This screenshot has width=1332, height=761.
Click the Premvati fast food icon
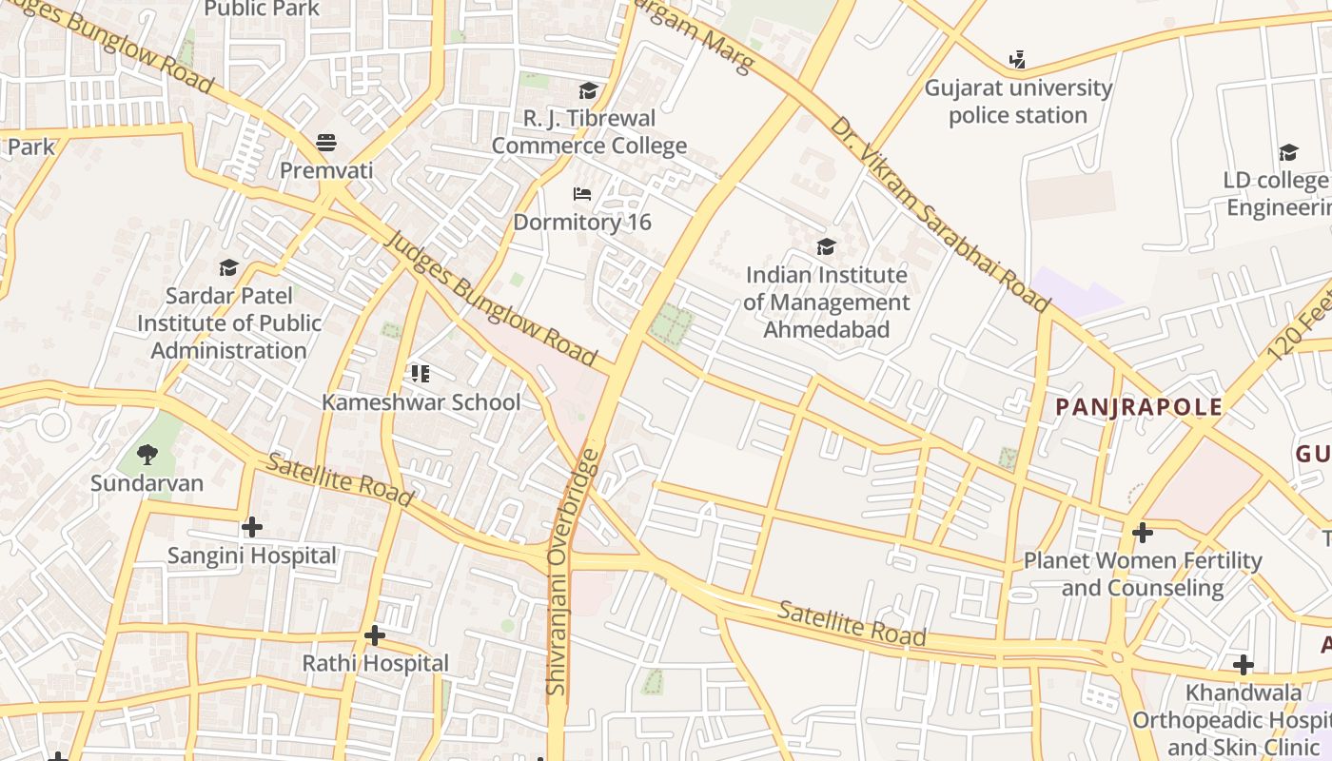326,143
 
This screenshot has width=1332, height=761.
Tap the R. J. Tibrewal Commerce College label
589,132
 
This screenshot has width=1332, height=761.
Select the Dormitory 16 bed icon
582,194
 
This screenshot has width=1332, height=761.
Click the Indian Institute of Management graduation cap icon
826,247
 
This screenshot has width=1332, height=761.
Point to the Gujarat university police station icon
1017,60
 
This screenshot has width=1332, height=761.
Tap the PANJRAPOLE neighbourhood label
1139,408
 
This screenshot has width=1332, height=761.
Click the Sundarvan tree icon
147,454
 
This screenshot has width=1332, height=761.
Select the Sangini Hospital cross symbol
252,526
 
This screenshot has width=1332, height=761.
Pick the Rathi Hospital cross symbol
375,634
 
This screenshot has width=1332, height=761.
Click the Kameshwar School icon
421,373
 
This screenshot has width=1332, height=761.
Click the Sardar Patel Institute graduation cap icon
228,268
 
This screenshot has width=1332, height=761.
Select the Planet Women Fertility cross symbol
1142,532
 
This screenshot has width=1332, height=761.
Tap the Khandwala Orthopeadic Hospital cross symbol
1243,664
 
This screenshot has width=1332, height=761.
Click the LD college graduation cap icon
1288,152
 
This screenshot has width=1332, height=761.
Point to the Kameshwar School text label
421,402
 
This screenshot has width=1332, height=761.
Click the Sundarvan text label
147,483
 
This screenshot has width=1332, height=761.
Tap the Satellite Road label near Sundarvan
339,479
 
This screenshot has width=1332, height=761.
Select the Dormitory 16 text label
582,223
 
